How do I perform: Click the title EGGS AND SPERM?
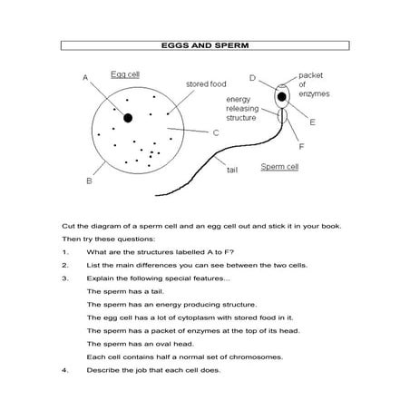205,44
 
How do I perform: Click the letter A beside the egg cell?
84,78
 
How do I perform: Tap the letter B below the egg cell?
89,181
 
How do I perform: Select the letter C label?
217,132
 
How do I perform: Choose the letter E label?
312,122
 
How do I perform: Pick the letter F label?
301,145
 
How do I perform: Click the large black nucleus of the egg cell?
129,117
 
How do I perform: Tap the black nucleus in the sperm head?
283,96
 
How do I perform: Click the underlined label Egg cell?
123,73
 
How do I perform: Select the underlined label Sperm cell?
281,168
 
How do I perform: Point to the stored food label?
206,83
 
